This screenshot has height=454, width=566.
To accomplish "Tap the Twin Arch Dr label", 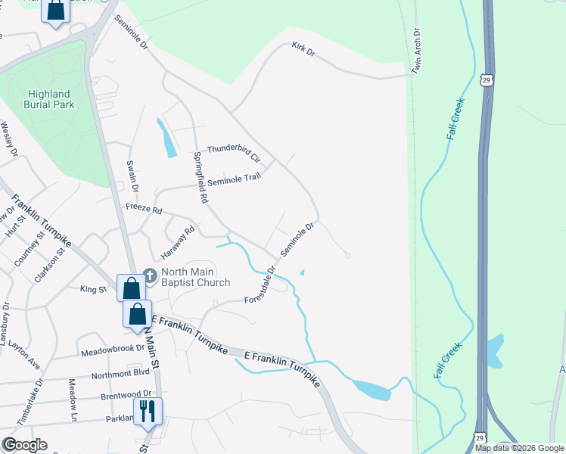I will (x=416, y=52).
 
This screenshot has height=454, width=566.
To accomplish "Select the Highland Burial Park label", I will (x=51, y=99).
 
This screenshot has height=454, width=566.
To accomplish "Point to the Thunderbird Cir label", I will (x=234, y=154).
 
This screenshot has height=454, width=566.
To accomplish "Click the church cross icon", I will (x=149, y=277).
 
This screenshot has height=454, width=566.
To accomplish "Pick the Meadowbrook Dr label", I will (x=113, y=350).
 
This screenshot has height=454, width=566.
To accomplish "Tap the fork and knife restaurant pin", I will (x=147, y=412).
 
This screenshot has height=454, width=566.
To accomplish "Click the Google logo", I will (x=24, y=445).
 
